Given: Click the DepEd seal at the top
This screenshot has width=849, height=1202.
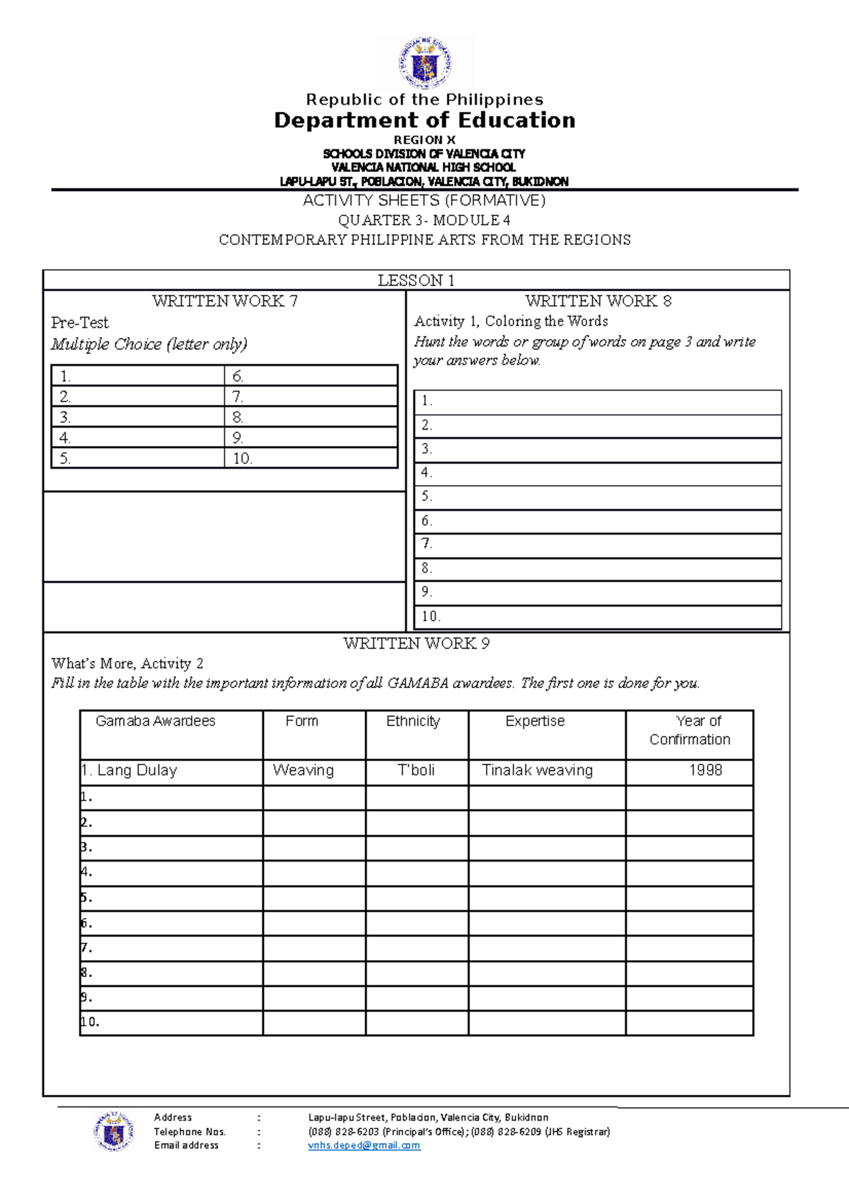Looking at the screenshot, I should tap(424, 63).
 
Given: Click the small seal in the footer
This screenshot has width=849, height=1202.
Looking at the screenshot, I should tap(113, 1131).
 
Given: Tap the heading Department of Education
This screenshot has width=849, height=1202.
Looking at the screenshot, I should tap(424, 120).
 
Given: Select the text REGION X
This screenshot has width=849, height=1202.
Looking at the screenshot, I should tap(424, 140).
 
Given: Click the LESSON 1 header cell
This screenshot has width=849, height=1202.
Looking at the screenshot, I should tap(416, 280).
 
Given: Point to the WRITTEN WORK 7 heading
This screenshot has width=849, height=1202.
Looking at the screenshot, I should tap(225, 301).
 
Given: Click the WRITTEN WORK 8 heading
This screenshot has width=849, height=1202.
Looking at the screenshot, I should tap(598, 301).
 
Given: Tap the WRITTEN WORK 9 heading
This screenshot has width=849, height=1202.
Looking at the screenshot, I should tap(416, 643).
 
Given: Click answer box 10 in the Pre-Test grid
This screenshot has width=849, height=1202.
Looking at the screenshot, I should tap(311, 459).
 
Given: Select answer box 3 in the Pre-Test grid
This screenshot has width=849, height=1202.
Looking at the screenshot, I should tap(138, 417).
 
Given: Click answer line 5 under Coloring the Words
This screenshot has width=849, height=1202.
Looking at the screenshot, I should tap(598, 497).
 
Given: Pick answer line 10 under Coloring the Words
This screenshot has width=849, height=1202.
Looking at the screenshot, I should tap(598, 617).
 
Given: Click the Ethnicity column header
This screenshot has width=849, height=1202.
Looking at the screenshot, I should tap(413, 721).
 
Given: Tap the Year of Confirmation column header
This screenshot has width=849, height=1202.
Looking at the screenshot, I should tap(690, 731).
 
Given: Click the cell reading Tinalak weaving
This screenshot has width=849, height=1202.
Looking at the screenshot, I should tap(538, 771).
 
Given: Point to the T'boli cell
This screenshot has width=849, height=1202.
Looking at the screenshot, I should tap(416, 771).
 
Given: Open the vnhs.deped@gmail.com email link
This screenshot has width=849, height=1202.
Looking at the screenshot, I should tap(364, 1145).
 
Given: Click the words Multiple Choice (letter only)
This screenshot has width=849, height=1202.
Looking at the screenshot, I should tap(149, 345).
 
